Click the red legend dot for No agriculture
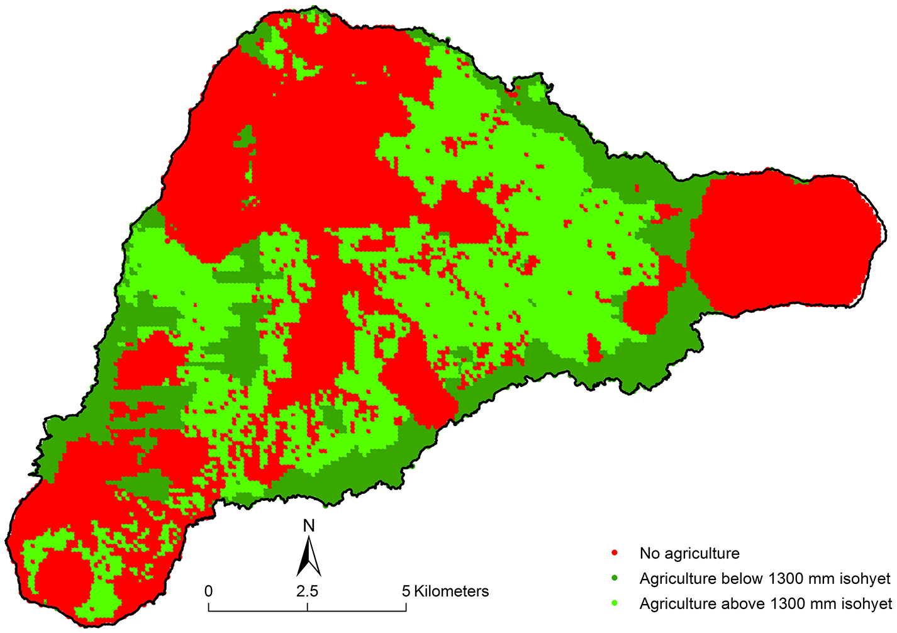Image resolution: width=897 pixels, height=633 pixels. click(614, 553)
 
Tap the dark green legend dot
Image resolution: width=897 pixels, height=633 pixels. click(614, 578)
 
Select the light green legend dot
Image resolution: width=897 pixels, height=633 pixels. click(614, 603)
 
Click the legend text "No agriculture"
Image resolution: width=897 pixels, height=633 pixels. click(689, 553)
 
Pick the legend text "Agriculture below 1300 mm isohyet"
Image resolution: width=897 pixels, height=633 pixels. click(765, 578)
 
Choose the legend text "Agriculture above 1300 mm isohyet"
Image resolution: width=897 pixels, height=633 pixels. click(766, 603)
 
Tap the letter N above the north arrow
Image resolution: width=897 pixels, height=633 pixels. click(308, 526)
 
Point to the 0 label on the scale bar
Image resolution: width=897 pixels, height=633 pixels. click(208, 591)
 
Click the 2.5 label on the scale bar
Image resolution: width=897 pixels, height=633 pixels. click(307, 591)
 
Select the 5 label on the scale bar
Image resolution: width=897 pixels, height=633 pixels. click(406, 591)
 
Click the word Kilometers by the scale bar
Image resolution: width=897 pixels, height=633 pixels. click(451, 591)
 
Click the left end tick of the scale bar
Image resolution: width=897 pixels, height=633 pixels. click(209, 607)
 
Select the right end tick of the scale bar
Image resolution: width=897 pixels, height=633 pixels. click(406, 607)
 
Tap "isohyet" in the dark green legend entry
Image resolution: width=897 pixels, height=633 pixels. click(866, 578)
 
